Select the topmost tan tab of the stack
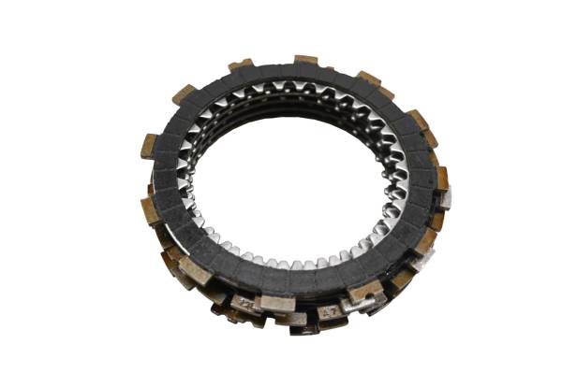[306, 62]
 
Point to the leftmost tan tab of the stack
[149, 146]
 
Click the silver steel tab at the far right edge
[446, 198]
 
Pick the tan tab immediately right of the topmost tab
[368, 79]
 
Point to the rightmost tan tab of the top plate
[441, 177]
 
